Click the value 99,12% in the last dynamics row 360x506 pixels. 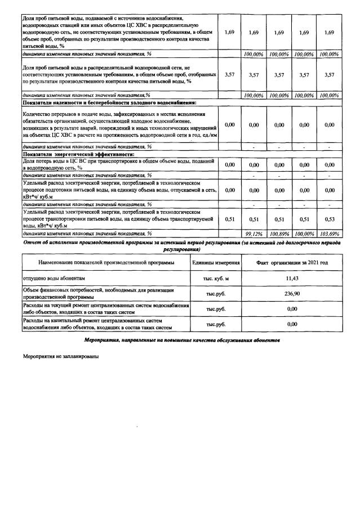coord(253,234)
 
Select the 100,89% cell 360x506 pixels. coord(278,234)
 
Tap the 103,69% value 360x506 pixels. coord(329,234)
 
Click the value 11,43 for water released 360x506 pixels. coord(292,279)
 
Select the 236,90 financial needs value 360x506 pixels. coord(292,293)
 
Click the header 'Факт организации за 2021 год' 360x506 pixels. coord(292,263)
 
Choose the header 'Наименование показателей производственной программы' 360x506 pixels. coord(106,263)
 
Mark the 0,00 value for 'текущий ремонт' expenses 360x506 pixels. coord(292,309)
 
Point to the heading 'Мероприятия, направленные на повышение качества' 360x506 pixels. coord(180,341)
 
